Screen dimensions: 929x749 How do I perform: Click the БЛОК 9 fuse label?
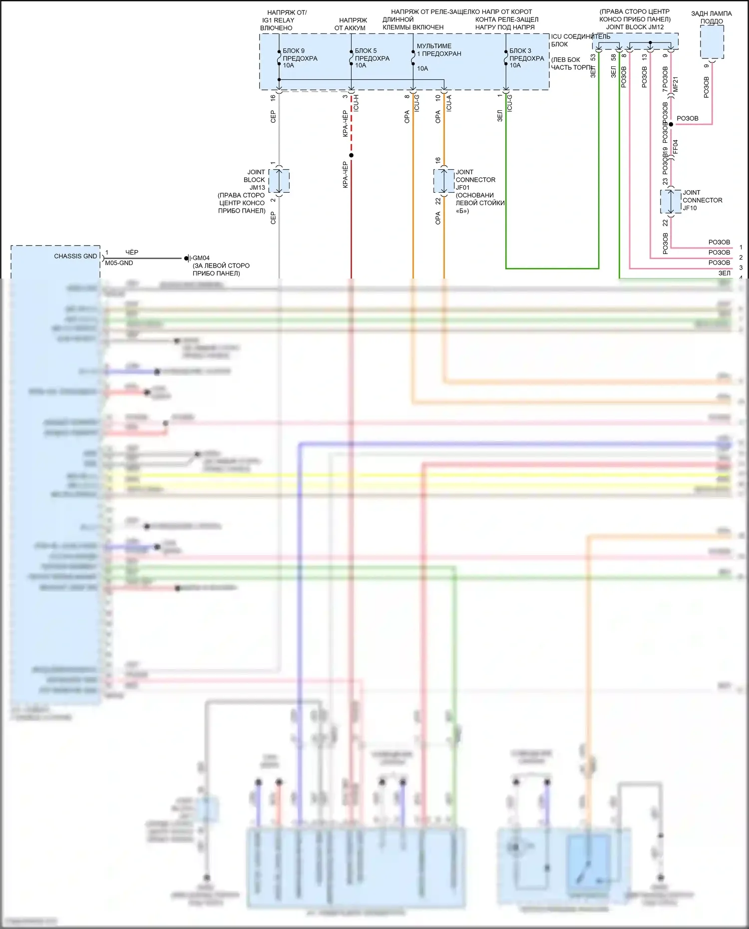tap(300, 58)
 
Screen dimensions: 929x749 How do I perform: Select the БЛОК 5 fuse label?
tap(372, 58)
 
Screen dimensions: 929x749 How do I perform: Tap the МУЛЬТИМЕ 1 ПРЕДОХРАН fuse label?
tap(438, 50)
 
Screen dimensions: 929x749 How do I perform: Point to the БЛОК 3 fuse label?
tap(526, 58)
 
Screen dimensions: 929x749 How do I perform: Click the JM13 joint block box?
tap(279, 181)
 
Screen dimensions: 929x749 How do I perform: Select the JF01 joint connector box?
tap(443, 181)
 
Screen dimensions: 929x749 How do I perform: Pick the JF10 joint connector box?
tap(671, 202)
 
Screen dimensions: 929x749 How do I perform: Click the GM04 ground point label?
tap(201, 258)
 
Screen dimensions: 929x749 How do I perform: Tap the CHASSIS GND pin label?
tap(75, 256)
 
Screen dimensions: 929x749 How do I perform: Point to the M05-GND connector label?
tap(119, 263)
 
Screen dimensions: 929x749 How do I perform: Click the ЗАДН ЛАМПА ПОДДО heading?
tap(712, 17)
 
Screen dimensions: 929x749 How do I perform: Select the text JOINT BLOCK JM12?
tap(635, 27)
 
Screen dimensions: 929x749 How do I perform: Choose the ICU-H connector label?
tap(356, 103)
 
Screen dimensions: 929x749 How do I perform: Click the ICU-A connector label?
tap(449, 103)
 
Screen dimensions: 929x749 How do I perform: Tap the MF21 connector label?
tap(676, 84)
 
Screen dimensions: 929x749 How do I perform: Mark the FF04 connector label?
tap(676, 147)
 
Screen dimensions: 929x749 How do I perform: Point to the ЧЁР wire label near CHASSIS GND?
tap(132, 253)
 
